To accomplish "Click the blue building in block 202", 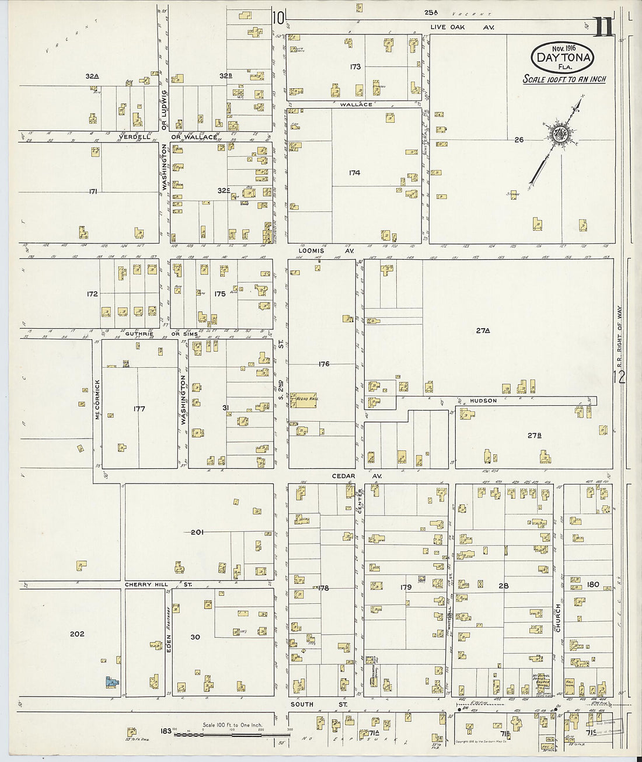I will tap(110, 681).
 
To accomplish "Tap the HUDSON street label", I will tap(482, 401).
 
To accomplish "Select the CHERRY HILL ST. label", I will tap(153, 584).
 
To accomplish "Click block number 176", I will tap(324, 364).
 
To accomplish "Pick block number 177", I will tap(139, 409).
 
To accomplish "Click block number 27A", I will tap(482, 330).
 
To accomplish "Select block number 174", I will tap(354, 173).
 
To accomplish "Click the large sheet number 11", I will tap(603, 27).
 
